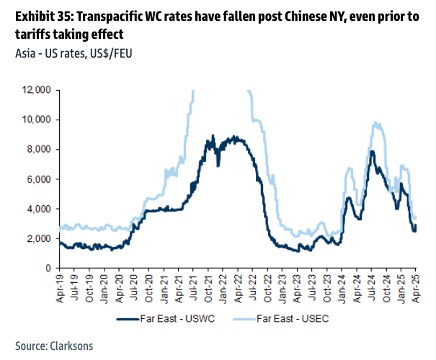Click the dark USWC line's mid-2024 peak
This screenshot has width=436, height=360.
pos(372,151)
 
